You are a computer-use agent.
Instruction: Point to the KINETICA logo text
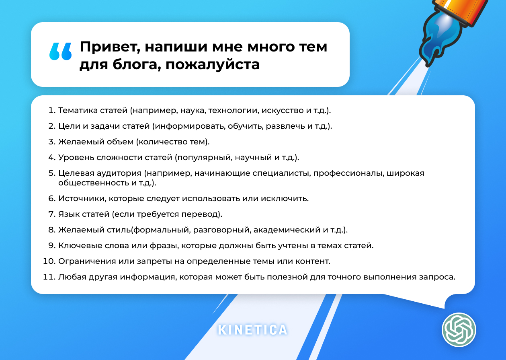253,330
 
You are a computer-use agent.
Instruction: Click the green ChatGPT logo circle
459,330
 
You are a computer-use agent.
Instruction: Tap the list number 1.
51,110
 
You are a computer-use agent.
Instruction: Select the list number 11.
49,277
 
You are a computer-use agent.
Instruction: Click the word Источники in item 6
79,198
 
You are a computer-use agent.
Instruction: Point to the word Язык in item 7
69,214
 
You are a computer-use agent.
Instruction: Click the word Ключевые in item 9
78,245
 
